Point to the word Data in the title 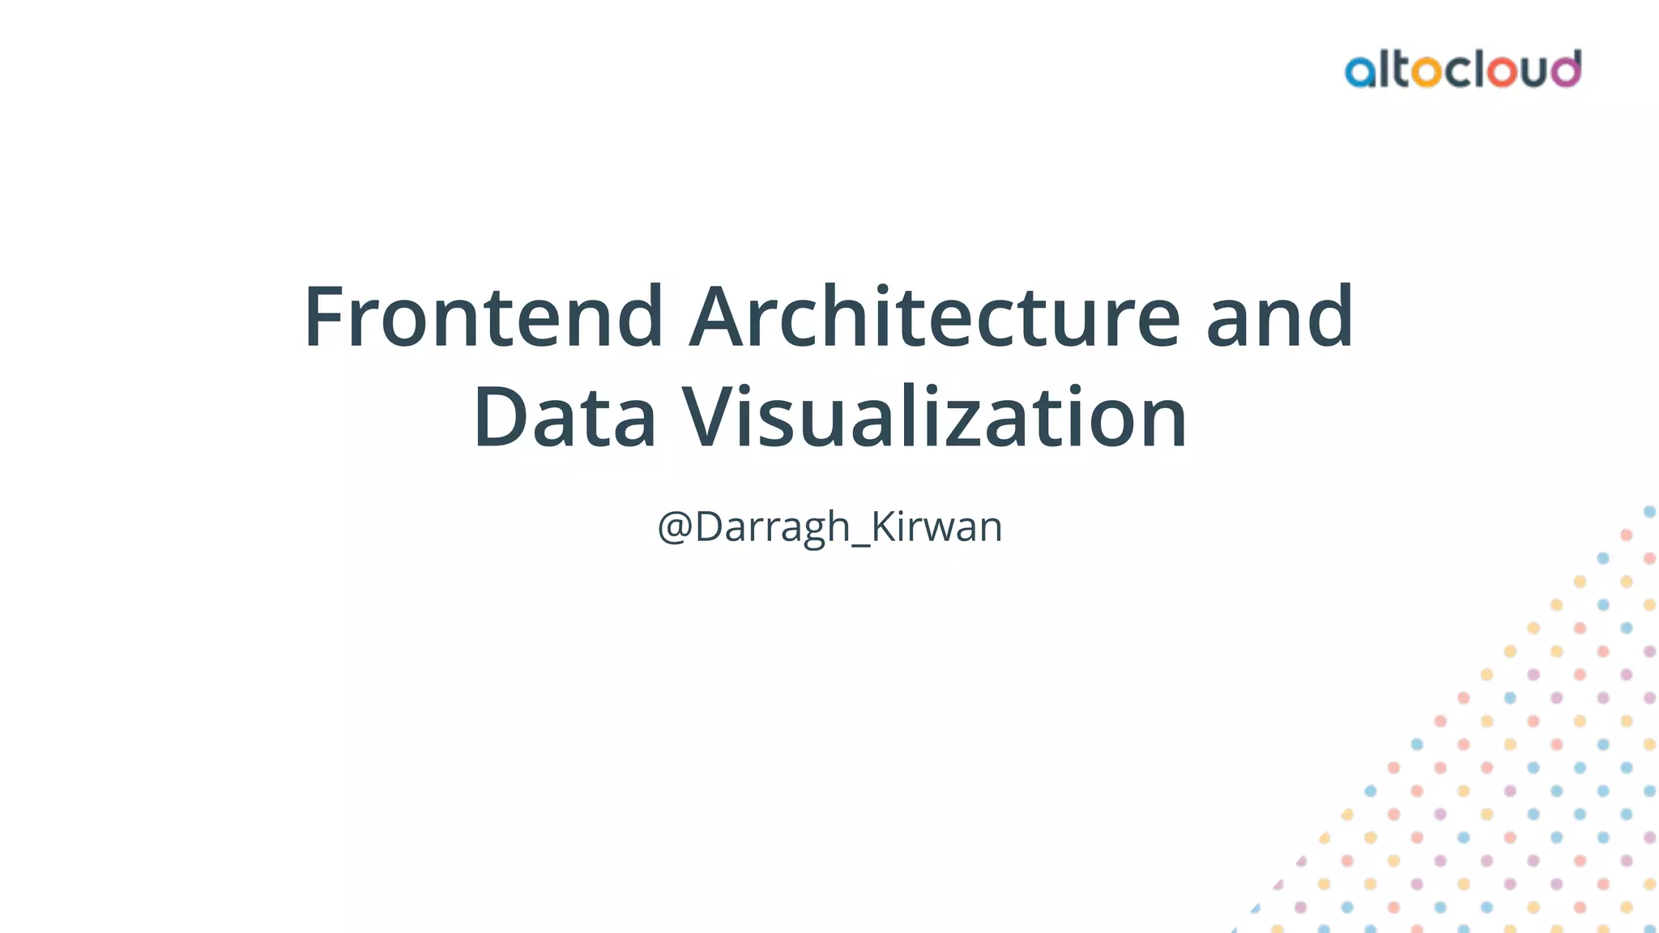tap(564, 418)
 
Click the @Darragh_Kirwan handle tap(829, 526)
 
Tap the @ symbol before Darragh tap(675, 527)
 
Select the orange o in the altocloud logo tap(1426, 72)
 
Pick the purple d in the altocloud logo tap(1565, 69)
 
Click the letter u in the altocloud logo tap(1533, 72)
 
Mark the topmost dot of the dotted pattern tap(1649, 512)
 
